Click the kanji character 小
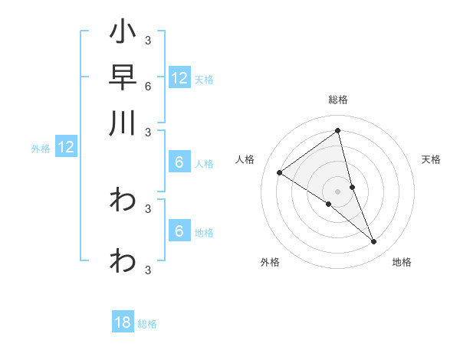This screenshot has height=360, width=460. point(123,34)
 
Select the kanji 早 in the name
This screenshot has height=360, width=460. point(123,78)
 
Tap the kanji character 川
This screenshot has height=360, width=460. point(123,123)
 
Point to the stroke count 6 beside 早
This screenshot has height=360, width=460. point(147,86)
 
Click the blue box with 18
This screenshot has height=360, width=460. point(123,322)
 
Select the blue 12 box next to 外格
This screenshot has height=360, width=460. point(66,147)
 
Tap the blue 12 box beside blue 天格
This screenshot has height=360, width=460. point(179,78)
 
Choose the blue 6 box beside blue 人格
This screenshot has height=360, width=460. point(179,162)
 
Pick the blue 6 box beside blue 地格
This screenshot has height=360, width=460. point(179,231)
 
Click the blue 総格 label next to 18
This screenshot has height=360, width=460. point(147,324)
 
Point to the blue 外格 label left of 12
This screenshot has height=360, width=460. point(41,149)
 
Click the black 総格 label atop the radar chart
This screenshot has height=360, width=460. point(338,100)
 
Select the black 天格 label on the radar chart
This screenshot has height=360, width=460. point(431,159)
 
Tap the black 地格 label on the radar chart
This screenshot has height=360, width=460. point(402,262)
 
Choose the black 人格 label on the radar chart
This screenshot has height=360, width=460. point(245,159)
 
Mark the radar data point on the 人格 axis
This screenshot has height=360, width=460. point(279,172)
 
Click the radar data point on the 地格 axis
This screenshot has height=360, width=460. point(373,241)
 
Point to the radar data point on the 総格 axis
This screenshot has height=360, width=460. point(338,131)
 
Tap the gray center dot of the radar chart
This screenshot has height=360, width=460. point(338,191)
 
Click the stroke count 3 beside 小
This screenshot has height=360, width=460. point(147,40)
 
